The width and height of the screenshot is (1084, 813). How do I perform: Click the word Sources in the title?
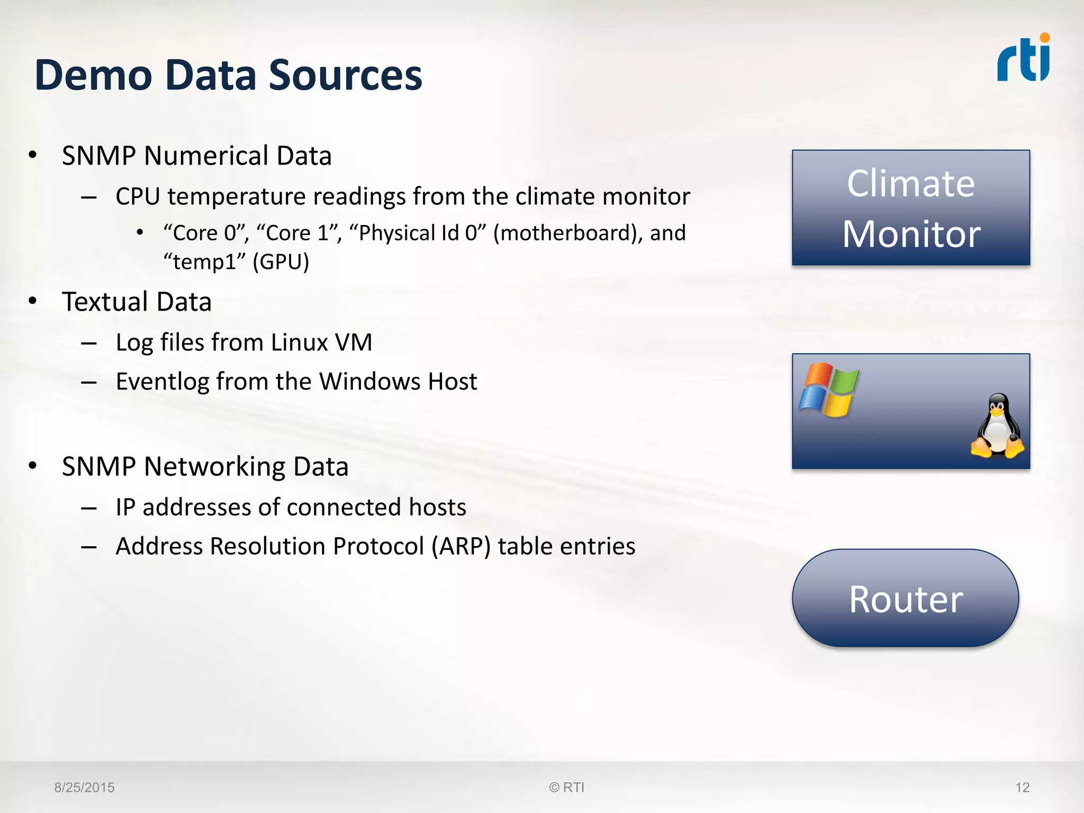(x=345, y=75)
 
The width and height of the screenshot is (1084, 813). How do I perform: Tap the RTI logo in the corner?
(x=1023, y=59)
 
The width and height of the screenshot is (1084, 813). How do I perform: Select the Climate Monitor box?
(x=910, y=207)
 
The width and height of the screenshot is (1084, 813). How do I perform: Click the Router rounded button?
(x=905, y=599)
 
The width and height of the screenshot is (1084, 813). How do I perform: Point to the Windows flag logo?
(x=828, y=390)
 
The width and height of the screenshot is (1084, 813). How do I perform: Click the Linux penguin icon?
(x=997, y=426)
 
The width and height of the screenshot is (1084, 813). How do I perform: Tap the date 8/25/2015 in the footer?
(x=84, y=788)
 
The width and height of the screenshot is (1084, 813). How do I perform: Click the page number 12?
(x=1022, y=788)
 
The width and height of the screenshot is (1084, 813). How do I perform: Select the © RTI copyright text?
(x=566, y=788)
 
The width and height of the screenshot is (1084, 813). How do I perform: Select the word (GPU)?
(x=281, y=262)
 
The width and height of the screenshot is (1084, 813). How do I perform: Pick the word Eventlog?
(x=162, y=382)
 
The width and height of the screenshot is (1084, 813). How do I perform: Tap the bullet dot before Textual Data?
(x=33, y=301)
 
